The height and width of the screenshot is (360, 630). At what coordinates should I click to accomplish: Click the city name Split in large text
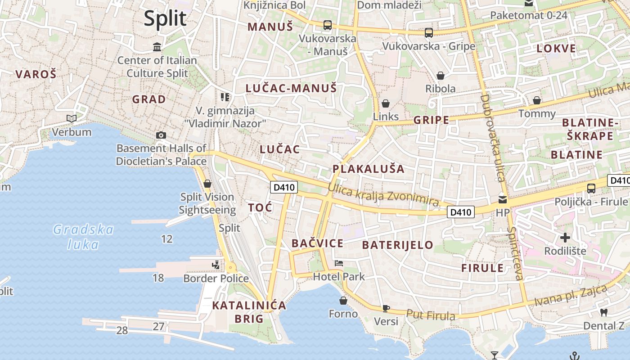tap(165, 19)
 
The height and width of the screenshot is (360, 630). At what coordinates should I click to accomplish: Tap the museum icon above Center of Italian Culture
tap(157, 47)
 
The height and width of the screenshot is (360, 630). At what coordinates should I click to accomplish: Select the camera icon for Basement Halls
tap(161, 135)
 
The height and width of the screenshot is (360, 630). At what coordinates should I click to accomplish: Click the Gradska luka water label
tap(83, 237)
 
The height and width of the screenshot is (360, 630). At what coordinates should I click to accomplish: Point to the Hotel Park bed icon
tap(339, 263)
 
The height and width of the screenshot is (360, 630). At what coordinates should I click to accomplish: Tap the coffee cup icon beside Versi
tap(386, 308)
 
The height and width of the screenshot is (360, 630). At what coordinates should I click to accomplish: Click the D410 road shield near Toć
tap(284, 187)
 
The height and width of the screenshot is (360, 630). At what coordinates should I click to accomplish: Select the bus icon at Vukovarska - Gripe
tap(428, 32)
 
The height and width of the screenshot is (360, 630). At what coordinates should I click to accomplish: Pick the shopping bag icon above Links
tap(385, 103)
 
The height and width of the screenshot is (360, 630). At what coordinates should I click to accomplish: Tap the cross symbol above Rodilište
tap(565, 237)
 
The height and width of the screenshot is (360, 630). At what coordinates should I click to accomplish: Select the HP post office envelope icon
tap(502, 199)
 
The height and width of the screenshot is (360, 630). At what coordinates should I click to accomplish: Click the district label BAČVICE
tap(317, 243)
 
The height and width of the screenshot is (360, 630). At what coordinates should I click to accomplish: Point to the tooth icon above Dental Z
tap(604, 312)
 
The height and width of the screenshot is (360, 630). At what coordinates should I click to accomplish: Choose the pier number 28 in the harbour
tap(122, 331)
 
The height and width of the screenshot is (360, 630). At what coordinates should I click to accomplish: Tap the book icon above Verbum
tap(72, 118)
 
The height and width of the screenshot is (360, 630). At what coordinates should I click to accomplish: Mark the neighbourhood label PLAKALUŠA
tap(368, 169)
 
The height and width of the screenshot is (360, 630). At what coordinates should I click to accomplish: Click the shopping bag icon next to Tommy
tap(536, 100)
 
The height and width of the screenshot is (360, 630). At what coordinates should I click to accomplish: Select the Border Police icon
tap(216, 265)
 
